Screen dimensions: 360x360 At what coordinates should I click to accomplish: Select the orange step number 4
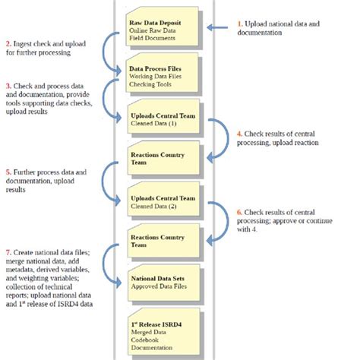[x=242, y=133]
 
